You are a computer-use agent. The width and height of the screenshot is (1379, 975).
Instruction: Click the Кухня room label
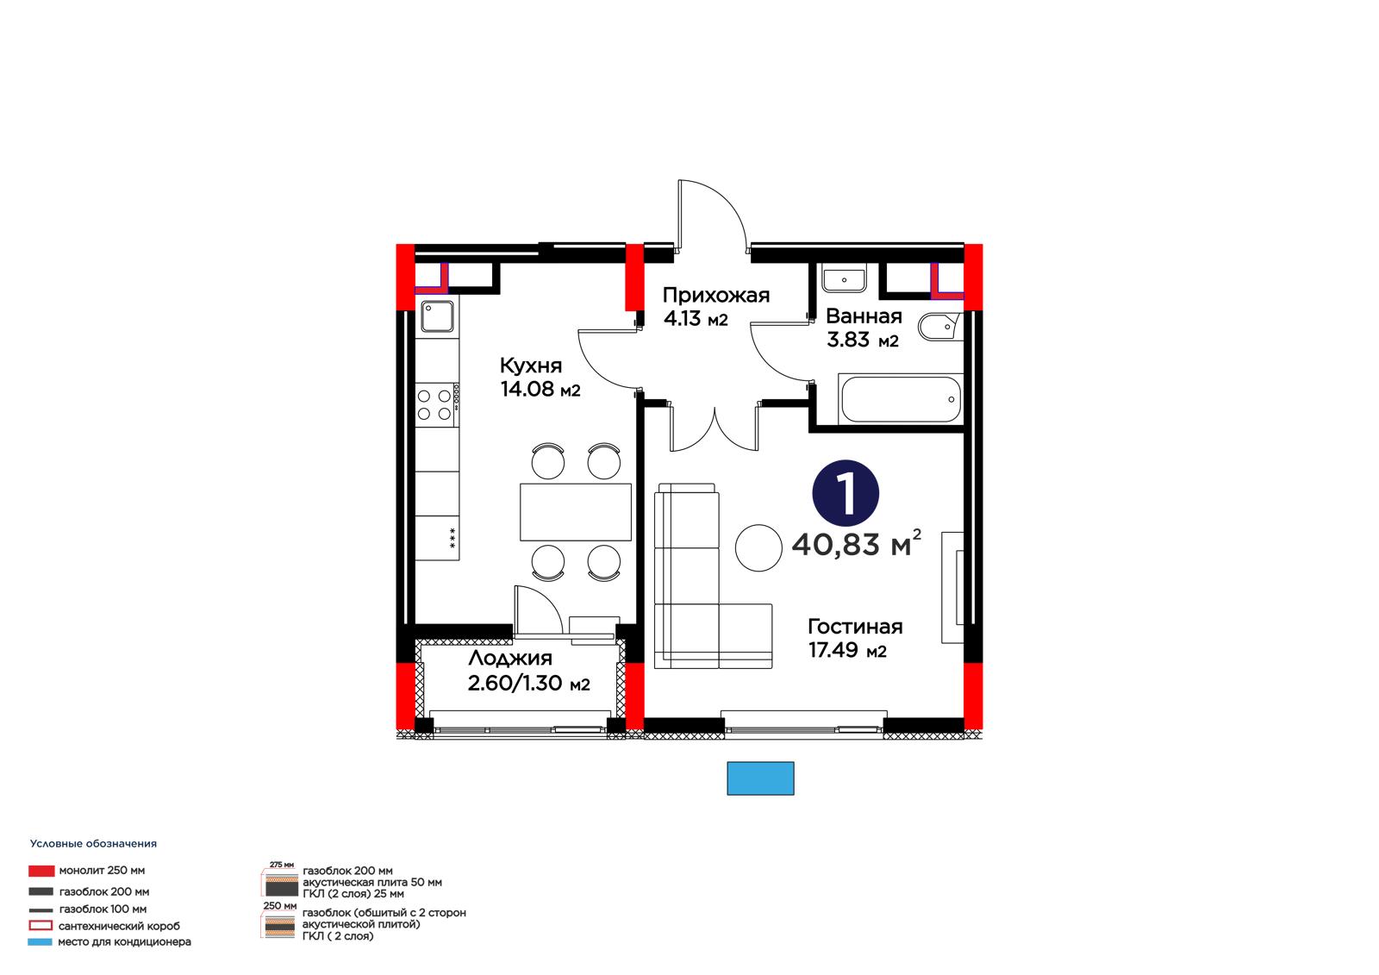[x=531, y=366]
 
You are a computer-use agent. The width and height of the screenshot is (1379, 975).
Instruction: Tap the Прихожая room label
[x=716, y=296]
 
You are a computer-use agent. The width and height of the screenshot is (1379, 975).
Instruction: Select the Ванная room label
[x=864, y=316]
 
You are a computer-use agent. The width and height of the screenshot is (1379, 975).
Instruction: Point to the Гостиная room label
[x=855, y=627]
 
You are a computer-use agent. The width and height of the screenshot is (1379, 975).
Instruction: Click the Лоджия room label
[x=510, y=659]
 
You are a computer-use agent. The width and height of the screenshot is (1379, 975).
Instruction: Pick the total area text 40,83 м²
[x=857, y=543]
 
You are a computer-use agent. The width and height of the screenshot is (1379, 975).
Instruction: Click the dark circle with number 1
[x=845, y=493]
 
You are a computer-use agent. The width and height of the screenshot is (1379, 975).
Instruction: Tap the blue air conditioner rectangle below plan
[x=760, y=778]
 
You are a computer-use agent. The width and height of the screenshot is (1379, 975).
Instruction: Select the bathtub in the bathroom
[x=900, y=399]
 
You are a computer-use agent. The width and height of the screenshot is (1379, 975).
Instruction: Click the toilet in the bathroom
[x=939, y=327]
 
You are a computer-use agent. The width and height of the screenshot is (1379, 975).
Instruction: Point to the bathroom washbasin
[x=844, y=278]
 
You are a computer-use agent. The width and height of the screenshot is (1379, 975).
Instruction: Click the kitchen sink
[x=437, y=316]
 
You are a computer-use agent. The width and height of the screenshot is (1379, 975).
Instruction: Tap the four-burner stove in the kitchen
[x=437, y=404]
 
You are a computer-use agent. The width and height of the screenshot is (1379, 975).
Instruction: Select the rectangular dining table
[x=576, y=512]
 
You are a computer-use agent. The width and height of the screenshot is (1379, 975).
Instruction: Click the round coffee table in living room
[x=758, y=547]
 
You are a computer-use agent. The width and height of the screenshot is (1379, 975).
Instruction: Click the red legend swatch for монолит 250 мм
[x=41, y=871]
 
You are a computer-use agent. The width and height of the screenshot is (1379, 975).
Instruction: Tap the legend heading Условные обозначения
[x=94, y=844]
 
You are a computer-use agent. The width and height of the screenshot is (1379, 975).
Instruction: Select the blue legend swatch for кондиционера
[x=40, y=941]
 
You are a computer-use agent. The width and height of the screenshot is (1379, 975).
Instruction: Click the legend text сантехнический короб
[x=120, y=926]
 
